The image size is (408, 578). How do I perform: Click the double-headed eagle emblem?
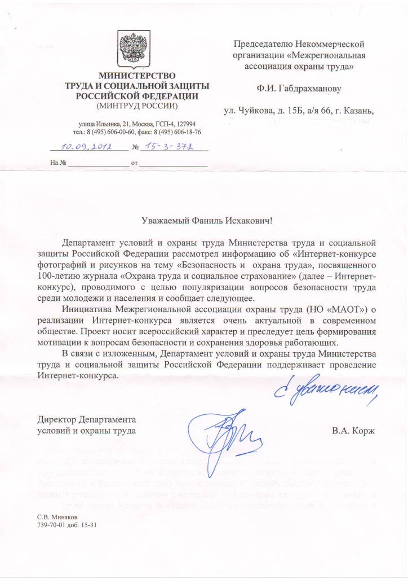134,50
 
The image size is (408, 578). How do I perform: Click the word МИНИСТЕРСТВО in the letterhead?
138,76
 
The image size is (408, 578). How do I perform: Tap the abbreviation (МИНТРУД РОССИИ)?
137,106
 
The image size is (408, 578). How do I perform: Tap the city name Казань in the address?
358,110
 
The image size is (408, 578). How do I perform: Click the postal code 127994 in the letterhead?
184,124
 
